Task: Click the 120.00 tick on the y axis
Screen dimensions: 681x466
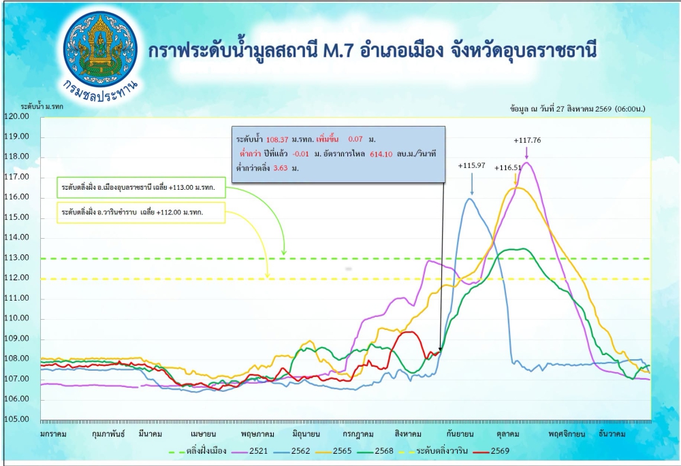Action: tap(16, 116)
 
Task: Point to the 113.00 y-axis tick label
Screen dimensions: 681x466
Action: tap(16, 258)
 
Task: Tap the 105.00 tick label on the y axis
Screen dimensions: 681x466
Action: tap(16, 419)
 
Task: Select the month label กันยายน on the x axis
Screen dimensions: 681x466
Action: tap(460, 434)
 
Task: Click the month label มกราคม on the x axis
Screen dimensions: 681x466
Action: tap(53, 434)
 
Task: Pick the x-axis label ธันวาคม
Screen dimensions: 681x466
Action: tap(612, 434)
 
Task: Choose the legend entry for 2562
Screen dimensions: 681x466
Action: tap(291, 451)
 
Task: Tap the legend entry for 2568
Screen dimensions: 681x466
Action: tap(375, 451)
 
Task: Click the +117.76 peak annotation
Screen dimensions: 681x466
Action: tap(527, 140)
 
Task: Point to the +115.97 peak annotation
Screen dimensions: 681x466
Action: tap(471, 165)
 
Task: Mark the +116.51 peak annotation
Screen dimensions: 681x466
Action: tap(508, 167)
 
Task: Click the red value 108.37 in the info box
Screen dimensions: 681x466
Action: tap(277, 139)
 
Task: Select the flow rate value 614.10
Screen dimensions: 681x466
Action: tap(381, 154)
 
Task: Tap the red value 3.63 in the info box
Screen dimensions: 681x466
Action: tap(281, 168)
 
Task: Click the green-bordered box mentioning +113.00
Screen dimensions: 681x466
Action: tap(141, 188)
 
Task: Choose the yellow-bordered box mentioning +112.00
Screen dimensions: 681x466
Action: tap(141, 213)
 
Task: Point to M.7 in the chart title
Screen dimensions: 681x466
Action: tap(340, 51)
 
